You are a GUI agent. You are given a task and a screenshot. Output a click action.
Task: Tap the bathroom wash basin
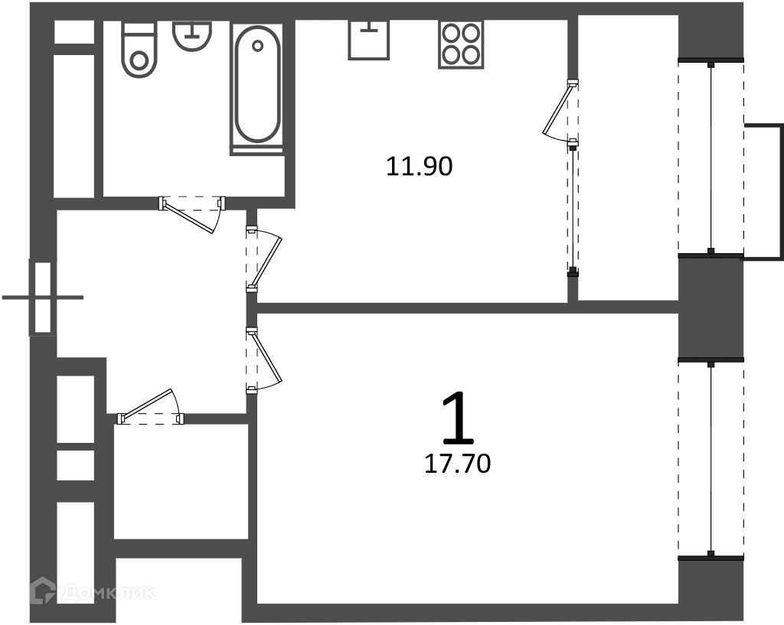[192, 35]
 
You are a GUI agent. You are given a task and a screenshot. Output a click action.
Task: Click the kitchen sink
[369, 40]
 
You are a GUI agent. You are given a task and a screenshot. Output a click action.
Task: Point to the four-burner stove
[461, 44]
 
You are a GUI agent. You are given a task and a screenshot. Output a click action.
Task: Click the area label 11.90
[420, 166]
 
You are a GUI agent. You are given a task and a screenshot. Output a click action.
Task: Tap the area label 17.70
[458, 464]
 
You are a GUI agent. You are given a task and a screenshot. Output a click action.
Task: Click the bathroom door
[192, 214]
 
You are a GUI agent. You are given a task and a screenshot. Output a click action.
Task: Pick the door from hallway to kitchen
[264, 259]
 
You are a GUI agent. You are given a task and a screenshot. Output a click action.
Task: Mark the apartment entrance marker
[43, 298]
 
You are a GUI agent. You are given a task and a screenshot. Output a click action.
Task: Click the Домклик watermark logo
[93, 592]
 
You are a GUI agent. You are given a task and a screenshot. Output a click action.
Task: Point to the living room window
[711, 458]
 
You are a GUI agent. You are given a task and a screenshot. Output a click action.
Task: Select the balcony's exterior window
[711, 158]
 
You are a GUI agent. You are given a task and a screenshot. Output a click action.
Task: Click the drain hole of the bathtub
[257, 46]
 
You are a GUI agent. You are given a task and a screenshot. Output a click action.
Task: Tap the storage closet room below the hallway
[181, 482]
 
